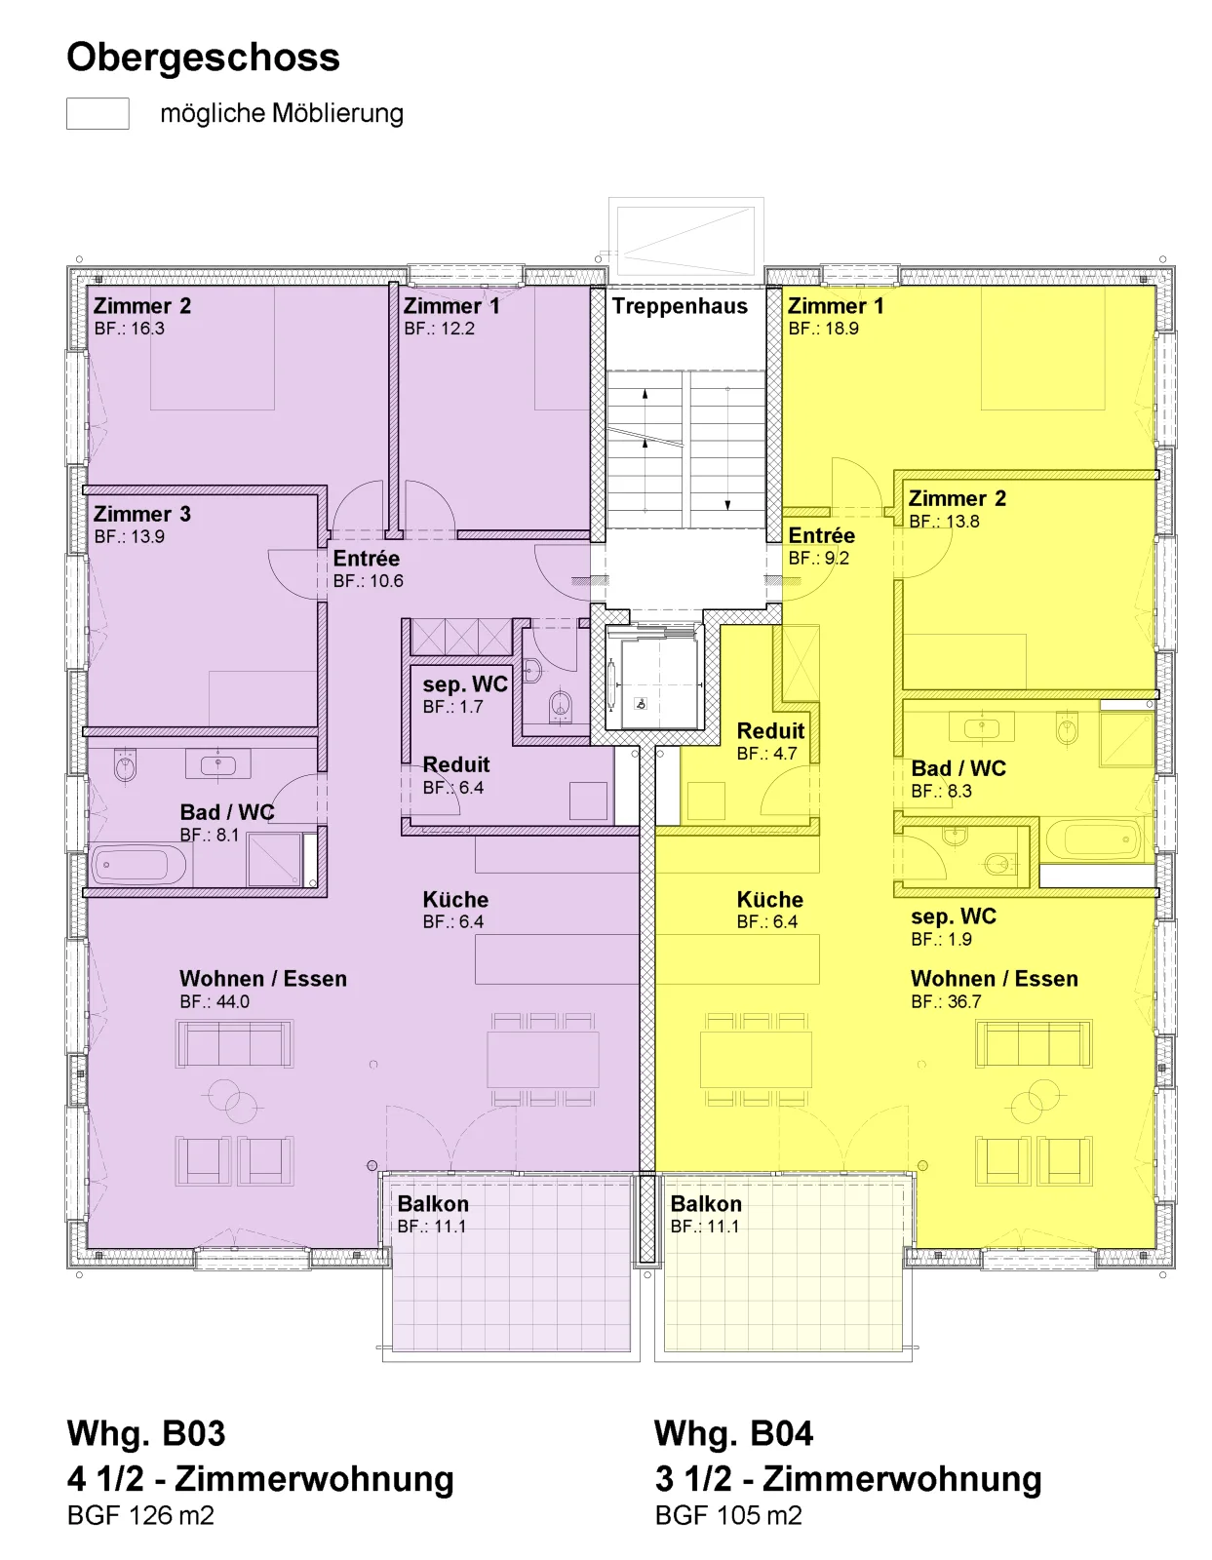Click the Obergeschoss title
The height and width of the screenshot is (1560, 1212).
point(203,58)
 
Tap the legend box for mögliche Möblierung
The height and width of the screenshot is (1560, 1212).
point(98,113)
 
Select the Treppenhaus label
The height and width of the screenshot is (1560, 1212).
point(680,306)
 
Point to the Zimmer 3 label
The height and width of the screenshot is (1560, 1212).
point(142,514)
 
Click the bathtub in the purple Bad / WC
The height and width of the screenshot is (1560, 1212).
point(139,865)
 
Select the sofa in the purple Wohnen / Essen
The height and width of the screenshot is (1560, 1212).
point(235,1043)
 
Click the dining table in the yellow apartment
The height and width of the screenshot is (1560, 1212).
point(756,1060)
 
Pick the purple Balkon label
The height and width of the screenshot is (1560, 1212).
point(433,1204)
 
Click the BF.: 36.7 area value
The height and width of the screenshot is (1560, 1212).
point(946,1001)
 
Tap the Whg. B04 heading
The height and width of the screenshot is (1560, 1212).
point(733,1433)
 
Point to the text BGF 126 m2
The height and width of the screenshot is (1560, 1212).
point(140,1515)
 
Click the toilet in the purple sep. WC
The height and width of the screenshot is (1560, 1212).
point(560,705)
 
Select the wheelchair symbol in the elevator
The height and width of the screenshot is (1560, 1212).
point(641,704)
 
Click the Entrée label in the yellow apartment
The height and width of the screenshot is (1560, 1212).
point(822,535)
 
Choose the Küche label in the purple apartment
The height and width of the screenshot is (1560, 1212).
point(455,900)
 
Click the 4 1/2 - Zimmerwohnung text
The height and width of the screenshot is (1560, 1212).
point(260,1479)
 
